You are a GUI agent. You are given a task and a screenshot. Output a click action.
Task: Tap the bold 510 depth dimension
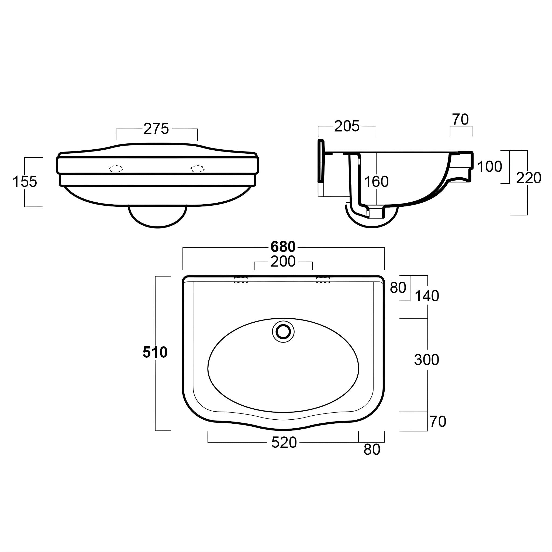[x=155, y=352]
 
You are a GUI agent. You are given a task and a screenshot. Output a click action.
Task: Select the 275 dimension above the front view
[x=156, y=129]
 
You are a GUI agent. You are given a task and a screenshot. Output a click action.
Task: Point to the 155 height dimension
[x=25, y=181]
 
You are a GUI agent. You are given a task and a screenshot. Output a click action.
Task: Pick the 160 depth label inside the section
[x=376, y=181]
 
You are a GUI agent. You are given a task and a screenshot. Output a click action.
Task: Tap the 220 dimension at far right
[x=528, y=178]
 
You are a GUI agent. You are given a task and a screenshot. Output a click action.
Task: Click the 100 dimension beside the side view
[x=489, y=167]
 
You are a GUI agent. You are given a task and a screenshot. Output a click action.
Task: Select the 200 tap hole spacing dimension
[x=283, y=261]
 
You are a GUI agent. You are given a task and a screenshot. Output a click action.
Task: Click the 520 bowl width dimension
[x=284, y=443]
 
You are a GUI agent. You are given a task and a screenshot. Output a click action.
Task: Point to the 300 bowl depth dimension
[x=426, y=360]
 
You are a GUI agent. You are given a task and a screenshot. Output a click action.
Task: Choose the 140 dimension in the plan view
[x=427, y=296]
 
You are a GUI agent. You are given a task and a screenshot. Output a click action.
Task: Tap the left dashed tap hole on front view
[x=116, y=169]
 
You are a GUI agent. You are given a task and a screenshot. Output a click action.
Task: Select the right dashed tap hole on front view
[x=197, y=169]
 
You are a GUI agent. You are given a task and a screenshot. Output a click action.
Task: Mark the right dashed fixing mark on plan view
[x=323, y=280]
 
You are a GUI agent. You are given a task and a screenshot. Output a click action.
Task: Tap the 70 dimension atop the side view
[x=460, y=119]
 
